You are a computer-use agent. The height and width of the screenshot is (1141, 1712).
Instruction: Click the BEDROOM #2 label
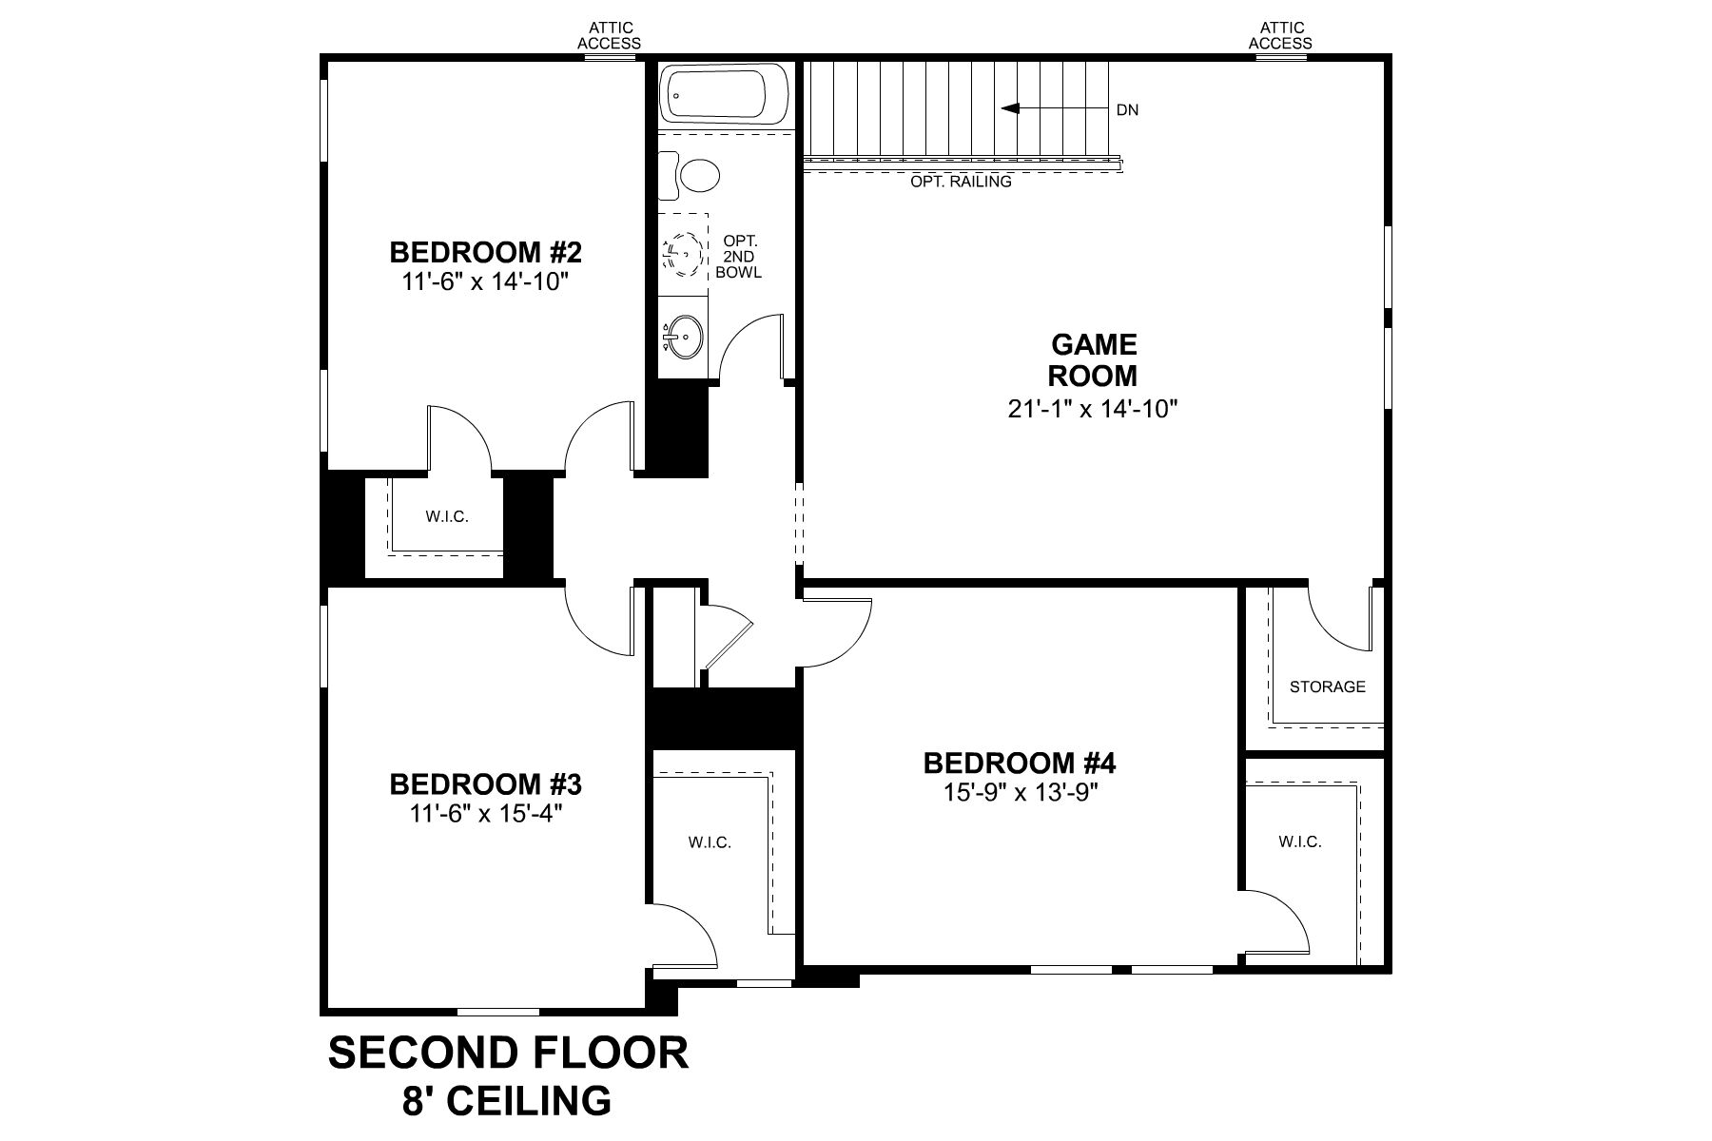[x=485, y=253]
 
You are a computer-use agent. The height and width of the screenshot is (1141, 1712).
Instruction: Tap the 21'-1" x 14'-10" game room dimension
[x=1093, y=409]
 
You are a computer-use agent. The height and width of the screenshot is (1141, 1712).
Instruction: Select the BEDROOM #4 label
[x=1019, y=763]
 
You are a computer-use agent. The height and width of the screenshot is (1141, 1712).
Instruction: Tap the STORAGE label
[x=1327, y=687]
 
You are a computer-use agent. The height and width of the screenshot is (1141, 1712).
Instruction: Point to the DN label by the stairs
[x=1127, y=110]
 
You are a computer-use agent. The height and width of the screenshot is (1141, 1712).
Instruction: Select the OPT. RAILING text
[x=961, y=182]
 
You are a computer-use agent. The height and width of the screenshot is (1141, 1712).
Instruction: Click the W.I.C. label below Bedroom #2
[x=446, y=517]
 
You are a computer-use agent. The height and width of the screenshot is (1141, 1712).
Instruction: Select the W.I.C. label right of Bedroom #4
[x=1299, y=841]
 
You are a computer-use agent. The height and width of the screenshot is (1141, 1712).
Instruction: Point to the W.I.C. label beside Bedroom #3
[x=710, y=842]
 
